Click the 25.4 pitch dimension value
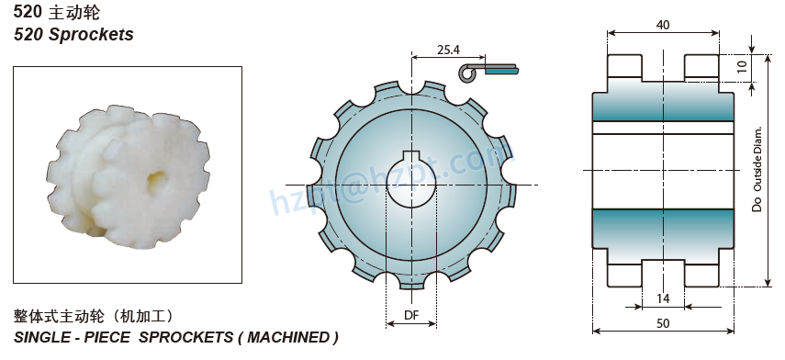point(449,49)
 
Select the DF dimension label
point(412,316)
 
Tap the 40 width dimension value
point(662,25)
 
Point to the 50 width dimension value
point(662,322)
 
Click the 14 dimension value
point(662,298)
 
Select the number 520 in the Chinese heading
point(28,12)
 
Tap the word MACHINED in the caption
point(286,337)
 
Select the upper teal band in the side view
point(662,107)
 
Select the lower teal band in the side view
point(662,223)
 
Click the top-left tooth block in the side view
point(623,67)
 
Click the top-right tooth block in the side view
point(701,67)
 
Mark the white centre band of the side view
point(662,171)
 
